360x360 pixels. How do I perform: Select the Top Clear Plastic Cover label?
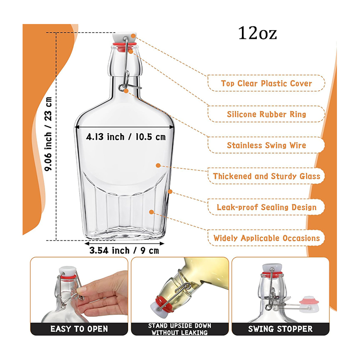pos(266,84)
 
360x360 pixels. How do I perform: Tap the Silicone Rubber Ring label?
pos(266,114)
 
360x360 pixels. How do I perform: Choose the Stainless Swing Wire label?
pos(266,145)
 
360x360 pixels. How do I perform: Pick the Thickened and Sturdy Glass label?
pos(266,176)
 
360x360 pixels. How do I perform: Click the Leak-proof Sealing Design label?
pos(266,207)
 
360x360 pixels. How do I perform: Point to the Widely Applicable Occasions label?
pos(266,238)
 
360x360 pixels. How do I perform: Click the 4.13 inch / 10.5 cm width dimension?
pos(126,137)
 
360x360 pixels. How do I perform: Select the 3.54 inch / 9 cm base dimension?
pos(124,251)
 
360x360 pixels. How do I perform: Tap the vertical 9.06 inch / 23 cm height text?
pos(48,134)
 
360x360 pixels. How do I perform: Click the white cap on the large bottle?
pos(124,38)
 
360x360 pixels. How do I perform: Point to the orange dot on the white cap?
pos(133,36)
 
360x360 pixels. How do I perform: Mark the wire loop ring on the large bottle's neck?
pos(121,87)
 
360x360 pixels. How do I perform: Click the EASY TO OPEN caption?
pos(79,329)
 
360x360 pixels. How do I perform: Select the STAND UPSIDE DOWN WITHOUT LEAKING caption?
pos(180,329)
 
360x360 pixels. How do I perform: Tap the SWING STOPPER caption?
pos(280,329)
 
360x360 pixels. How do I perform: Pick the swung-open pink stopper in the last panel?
pos(309,305)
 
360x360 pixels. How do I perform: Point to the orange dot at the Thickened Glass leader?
pos(158,165)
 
